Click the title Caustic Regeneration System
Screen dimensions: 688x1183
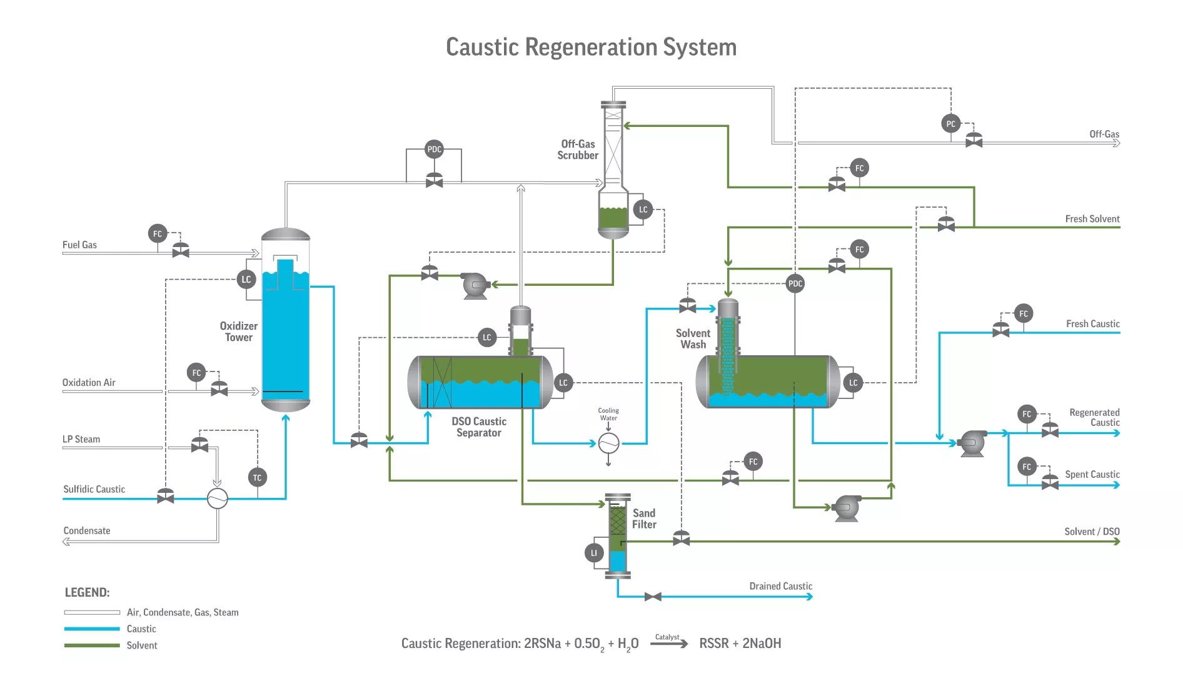[591, 48]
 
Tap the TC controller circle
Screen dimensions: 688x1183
[257, 478]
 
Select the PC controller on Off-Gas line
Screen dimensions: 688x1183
[950, 124]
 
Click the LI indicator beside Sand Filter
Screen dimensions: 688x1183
[594, 553]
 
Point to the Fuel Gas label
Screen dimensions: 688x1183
[79, 245]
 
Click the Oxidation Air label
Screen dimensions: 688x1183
[89, 383]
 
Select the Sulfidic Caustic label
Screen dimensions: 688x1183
[94, 490]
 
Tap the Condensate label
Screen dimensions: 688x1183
[87, 531]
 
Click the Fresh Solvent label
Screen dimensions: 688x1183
[1092, 219]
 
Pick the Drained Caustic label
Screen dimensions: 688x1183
[780, 587]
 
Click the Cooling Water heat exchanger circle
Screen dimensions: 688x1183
[608, 443]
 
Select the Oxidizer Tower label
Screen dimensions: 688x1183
[238, 331]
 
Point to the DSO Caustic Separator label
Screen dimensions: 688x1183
[479, 427]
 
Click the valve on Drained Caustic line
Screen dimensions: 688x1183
[653, 597]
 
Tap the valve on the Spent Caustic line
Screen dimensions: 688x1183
[1050, 483]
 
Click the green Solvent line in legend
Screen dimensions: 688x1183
[92, 645]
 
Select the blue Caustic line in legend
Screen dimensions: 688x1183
[92, 629]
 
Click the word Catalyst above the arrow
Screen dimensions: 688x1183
[667, 637]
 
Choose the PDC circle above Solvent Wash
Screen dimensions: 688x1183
[795, 284]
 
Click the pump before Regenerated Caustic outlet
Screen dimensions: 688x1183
[972, 443]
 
